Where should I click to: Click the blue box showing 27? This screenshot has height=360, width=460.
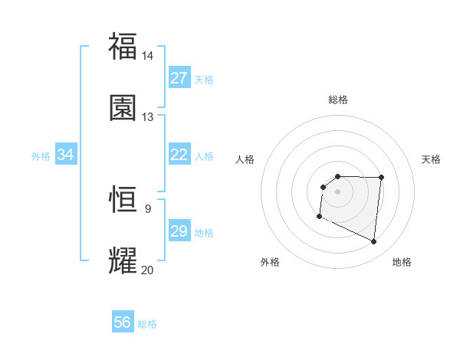click(x=179, y=78)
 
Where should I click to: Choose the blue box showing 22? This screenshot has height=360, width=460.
click(x=179, y=155)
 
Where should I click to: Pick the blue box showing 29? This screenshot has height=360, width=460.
click(x=179, y=231)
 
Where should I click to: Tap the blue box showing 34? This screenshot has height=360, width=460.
click(x=66, y=155)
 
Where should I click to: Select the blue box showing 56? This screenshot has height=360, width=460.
click(x=123, y=322)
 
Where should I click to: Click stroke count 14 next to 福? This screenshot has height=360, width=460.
click(x=147, y=56)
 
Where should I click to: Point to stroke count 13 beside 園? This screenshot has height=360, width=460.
click(x=147, y=117)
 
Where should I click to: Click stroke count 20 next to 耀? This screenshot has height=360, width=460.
click(x=147, y=270)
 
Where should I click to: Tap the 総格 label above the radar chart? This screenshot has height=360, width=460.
click(x=338, y=100)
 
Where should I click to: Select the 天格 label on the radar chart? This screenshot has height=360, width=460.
click(x=432, y=159)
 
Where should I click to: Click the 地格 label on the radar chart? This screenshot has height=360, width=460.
click(x=402, y=262)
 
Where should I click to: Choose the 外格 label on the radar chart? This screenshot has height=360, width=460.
click(x=270, y=262)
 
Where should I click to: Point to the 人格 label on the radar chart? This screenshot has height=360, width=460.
click(x=245, y=159)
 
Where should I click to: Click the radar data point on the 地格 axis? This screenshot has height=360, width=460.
click(x=374, y=242)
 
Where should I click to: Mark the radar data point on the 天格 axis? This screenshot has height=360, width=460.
click(x=381, y=178)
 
